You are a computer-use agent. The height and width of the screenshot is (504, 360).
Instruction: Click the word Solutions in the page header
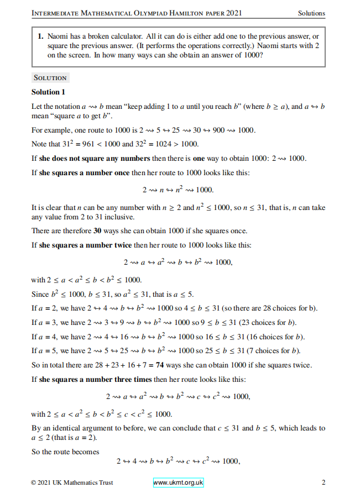tap(311, 13)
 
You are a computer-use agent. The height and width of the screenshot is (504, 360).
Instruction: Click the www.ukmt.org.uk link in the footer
tap(178, 482)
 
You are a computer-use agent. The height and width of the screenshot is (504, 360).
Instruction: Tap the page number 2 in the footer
tap(323, 482)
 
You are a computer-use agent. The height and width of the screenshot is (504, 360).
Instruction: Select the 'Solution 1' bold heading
tap(49, 92)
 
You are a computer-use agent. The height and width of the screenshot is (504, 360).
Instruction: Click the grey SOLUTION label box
tap(50, 78)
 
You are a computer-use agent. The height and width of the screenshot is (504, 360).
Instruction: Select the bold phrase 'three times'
tap(133, 379)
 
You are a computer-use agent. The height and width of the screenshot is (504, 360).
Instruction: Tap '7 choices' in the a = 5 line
tap(276, 350)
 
